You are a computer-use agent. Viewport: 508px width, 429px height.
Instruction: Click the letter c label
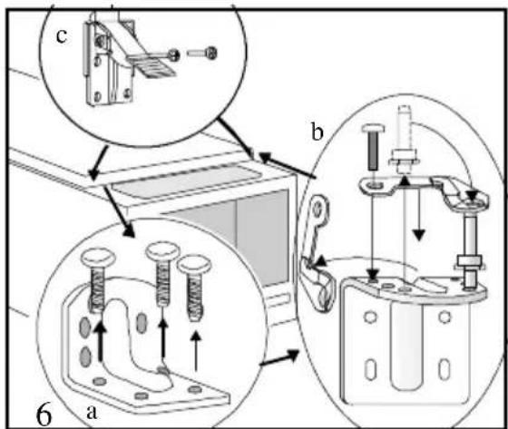pyautogui.click(x=62, y=36)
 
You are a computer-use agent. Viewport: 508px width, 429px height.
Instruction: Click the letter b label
pyautogui.click(x=317, y=132)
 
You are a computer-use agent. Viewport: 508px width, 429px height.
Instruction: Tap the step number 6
pyautogui.click(x=44, y=415)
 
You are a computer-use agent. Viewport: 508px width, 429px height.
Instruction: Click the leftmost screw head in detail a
pyautogui.click(x=99, y=258)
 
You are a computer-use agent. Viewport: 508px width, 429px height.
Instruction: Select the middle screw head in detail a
pyautogui.click(x=162, y=251)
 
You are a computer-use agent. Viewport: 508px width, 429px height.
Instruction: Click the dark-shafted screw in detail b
pyautogui.click(x=373, y=148)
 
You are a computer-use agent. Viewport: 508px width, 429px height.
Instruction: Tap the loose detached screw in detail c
pyautogui.click(x=202, y=53)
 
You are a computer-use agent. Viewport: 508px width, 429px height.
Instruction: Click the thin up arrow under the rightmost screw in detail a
pyautogui.click(x=195, y=351)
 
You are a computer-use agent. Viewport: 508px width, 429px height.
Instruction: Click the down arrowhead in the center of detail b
pyautogui.click(x=418, y=234)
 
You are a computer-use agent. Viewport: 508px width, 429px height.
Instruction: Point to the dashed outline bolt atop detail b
pyautogui.click(x=405, y=139)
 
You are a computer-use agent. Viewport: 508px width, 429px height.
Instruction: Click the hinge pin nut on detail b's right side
pyautogui.click(x=470, y=260)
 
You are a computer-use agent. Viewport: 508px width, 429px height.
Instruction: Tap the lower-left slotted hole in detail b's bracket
pyautogui.click(x=370, y=369)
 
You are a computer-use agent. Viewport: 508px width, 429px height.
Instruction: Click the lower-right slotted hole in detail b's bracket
pyautogui.click(x=444, y=369)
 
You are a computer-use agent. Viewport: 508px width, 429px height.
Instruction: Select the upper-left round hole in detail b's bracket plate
pyautogui.click(x=370, y=317)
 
